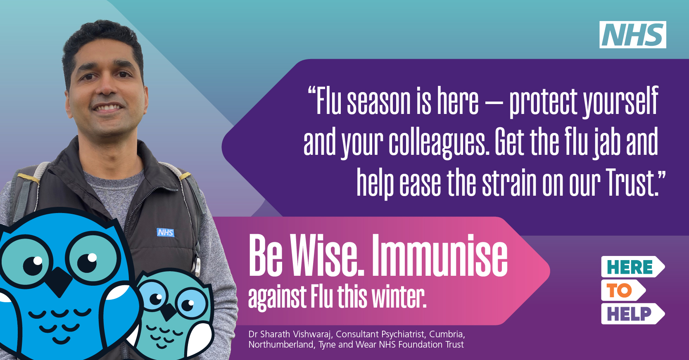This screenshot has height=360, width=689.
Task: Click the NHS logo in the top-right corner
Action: [x=633, y=34]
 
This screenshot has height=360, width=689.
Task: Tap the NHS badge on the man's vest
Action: [x=166, y=232]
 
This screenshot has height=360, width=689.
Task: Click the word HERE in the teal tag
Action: [x=630, y=267]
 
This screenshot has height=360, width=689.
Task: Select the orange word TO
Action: [x=619, y=290]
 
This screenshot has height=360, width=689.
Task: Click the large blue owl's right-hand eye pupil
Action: [x=87, y=263]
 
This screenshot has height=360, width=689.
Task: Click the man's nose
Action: [x=106, y=87]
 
